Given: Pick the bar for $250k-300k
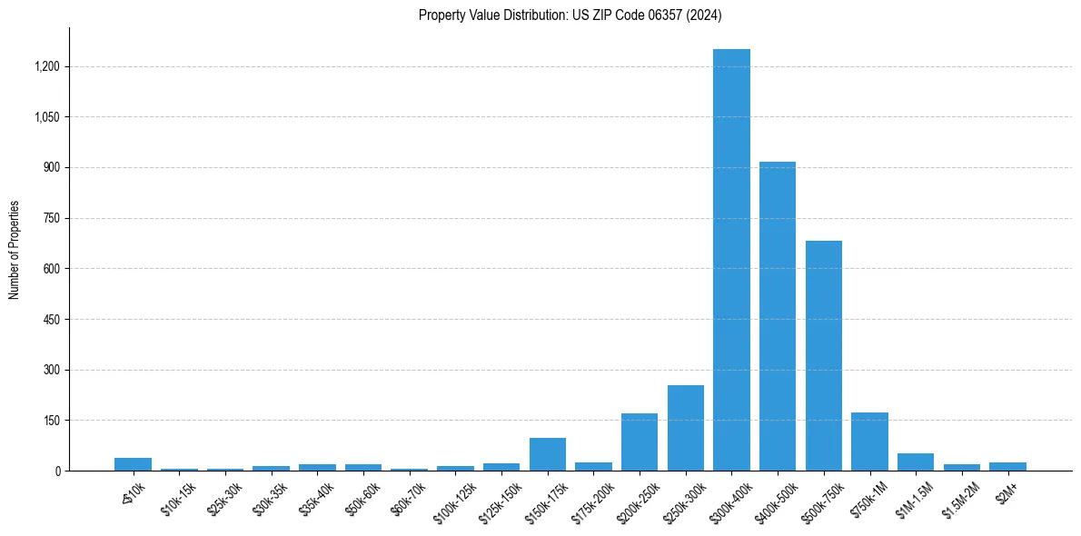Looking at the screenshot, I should [686, 428].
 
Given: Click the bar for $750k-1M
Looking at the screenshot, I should [869, 442].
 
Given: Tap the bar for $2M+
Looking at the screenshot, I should [1007, 466].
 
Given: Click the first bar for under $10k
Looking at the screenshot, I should [134, 464].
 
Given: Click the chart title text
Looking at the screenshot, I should [570, 15].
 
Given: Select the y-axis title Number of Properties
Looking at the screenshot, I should [15, 250].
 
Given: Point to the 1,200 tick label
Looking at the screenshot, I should [46, 66].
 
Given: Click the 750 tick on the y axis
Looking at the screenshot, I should [51, 218].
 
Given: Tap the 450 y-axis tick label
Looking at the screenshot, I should [51, 319].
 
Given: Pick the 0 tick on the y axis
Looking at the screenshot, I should [57, 471].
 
